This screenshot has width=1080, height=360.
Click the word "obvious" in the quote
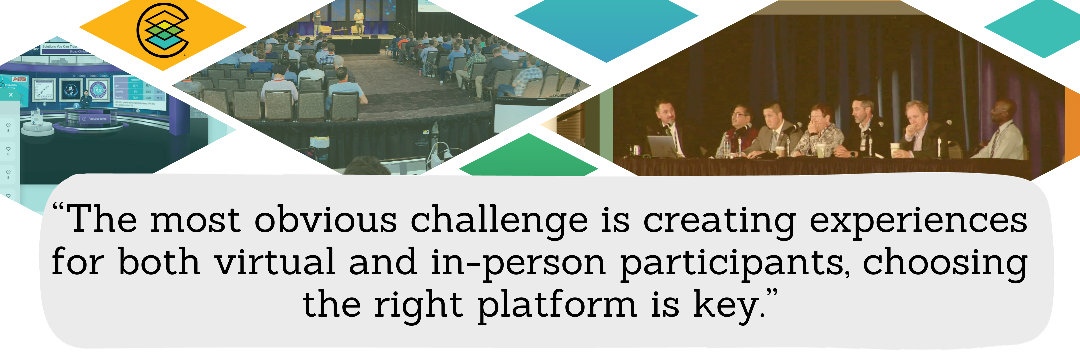tap(325, 221)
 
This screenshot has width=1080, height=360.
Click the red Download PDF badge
tap(19, 79)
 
